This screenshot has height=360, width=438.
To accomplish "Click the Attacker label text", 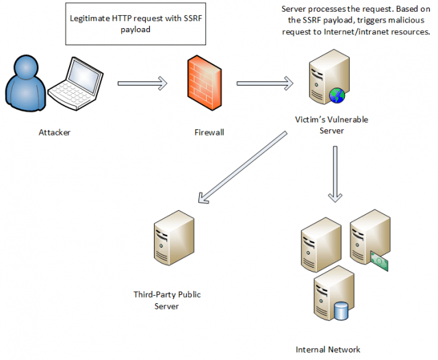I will [54, 131].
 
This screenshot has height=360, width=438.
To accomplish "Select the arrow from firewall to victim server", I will [264, 83].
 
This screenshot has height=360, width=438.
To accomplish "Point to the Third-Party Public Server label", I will [166, 300].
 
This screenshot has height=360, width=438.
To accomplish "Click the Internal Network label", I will [328, 349].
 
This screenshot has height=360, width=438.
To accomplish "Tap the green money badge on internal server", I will [379, 259].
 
